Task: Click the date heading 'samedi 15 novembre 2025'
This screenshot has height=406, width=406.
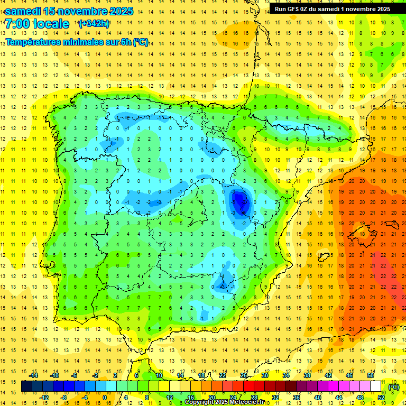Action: tap(69, 11)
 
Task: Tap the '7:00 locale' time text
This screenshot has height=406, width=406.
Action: tap(37, 24)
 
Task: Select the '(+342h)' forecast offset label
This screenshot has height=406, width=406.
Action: tap(94, 24)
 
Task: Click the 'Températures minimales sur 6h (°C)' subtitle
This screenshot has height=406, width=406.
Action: tap(77, 42)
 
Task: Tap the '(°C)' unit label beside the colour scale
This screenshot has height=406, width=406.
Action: tap(394, 387)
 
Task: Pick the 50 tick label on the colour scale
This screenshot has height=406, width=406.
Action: tap(371, 375)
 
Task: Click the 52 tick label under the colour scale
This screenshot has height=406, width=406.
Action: tap(381, 397)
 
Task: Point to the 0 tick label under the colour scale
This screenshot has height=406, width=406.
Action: tap(105, 397)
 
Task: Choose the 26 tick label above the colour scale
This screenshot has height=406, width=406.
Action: tap(244, 375)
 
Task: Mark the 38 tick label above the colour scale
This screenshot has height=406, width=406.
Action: tap(307, 375)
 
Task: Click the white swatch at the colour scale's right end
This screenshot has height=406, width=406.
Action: tap(376, 386)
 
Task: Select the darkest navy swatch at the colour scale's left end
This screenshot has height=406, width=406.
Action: tap(27, 386)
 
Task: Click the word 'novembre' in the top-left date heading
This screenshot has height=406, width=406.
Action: tap(79, 11)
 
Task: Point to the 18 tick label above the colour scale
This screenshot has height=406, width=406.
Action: tap(201, 375)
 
